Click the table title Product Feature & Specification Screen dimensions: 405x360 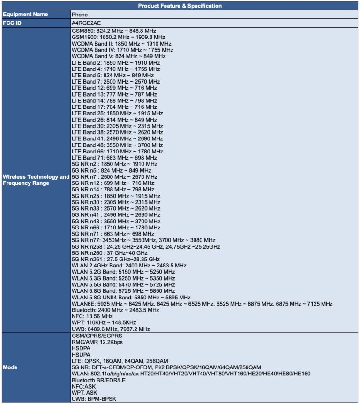tap(180, 6)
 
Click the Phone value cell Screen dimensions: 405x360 tap(80, 15)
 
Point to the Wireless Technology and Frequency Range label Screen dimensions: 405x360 tap(36, 180)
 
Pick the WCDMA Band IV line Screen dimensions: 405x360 tap(122, 50)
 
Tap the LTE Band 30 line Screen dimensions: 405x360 tap(117, 126)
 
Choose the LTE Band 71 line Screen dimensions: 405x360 tap(114, 158)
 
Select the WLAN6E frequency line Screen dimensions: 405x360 tap(202, 304)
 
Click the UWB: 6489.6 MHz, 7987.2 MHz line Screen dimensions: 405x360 tap(111, 329)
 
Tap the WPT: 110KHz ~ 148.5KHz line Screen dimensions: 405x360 tap(104, 323)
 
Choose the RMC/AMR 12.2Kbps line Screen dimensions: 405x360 tap(97, 342)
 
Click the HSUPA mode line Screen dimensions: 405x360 tap(81, 355)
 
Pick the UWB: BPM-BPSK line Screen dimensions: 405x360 tap(94, 399)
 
